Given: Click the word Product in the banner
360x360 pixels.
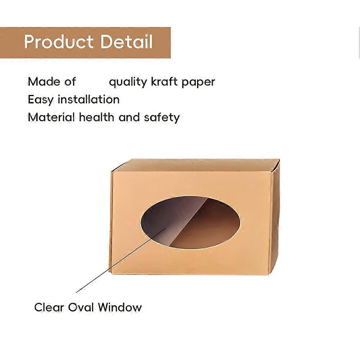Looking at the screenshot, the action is [x=59, y=42].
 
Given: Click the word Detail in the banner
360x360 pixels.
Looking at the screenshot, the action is [x=127, y=42].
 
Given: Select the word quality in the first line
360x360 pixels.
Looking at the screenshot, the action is [x=128, y=82].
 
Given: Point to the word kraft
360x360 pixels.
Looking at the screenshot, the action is [x=164, y=82].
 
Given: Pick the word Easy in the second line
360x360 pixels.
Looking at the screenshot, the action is [x=41, y=100].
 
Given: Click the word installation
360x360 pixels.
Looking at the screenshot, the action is [x=88, y=99].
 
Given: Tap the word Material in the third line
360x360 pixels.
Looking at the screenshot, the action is [x=51, y=117].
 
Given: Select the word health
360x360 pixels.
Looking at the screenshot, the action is [x=96, y=117].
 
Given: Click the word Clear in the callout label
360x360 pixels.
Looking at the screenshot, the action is [x=49, y=307].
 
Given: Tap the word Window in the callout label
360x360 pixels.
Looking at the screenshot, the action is [x=120, y=307].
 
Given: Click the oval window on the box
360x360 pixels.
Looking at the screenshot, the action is [x=190, y=222].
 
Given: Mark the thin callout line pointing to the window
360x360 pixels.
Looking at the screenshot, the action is [x=121, y=260].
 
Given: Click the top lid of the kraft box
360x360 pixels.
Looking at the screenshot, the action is [x=195, y=165].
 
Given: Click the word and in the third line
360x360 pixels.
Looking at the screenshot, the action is [x=129, y=117].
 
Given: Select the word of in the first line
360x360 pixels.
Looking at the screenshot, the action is [x=70, y=82].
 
